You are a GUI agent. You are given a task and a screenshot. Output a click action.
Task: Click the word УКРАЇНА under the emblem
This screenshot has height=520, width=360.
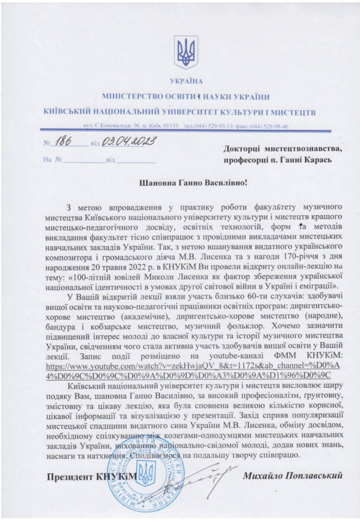coord(187,82)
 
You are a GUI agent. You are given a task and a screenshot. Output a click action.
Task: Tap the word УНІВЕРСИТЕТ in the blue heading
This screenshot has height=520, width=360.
coord(199,112)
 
